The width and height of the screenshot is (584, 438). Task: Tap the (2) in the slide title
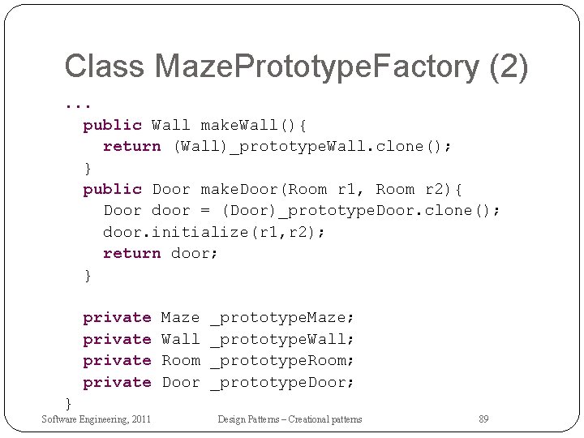pyautogui.click(x=509, y=67)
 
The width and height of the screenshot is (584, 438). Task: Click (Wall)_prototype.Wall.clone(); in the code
pyautogui.click(x=313, y=146)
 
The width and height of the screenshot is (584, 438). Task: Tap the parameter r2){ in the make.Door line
pyautogui.click(x=444, y=189)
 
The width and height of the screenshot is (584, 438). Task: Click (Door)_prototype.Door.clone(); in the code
pyautogui.click(x=363, y=210)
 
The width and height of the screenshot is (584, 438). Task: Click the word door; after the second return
pyautogui.click(x=195, y=253)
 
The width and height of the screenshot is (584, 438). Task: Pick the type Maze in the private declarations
pyautogui.click(x=180, y=317)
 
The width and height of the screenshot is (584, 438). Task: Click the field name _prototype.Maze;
pyautogui.click(x=282, y=317)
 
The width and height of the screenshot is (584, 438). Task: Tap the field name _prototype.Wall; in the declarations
pyautogui.click(x=282, y=339)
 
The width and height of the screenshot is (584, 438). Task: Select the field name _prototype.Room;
pyautogui.click(x=282, y=360)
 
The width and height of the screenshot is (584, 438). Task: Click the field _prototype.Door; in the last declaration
pyautogui.click(x=282, y=382)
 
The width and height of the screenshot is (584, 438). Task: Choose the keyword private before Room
pyautogui.click(x=117, y=360)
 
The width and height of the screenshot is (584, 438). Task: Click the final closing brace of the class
pyautogui.click(x=68, y=402)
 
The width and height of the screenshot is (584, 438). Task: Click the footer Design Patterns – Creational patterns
pyautogui.click(x=290, y=419)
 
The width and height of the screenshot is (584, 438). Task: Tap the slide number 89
pyautogui.click(x=483, y=419)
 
